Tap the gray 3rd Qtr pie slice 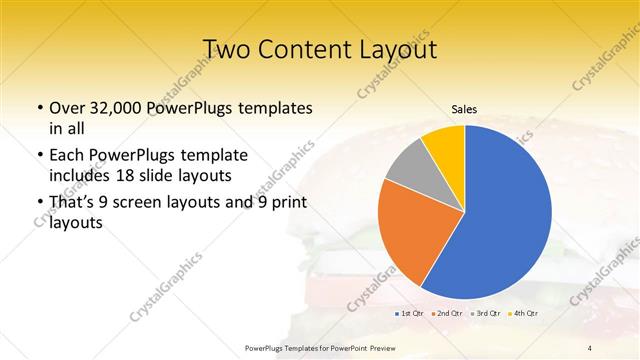pos(404,176)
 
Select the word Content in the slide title pos(307,49)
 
